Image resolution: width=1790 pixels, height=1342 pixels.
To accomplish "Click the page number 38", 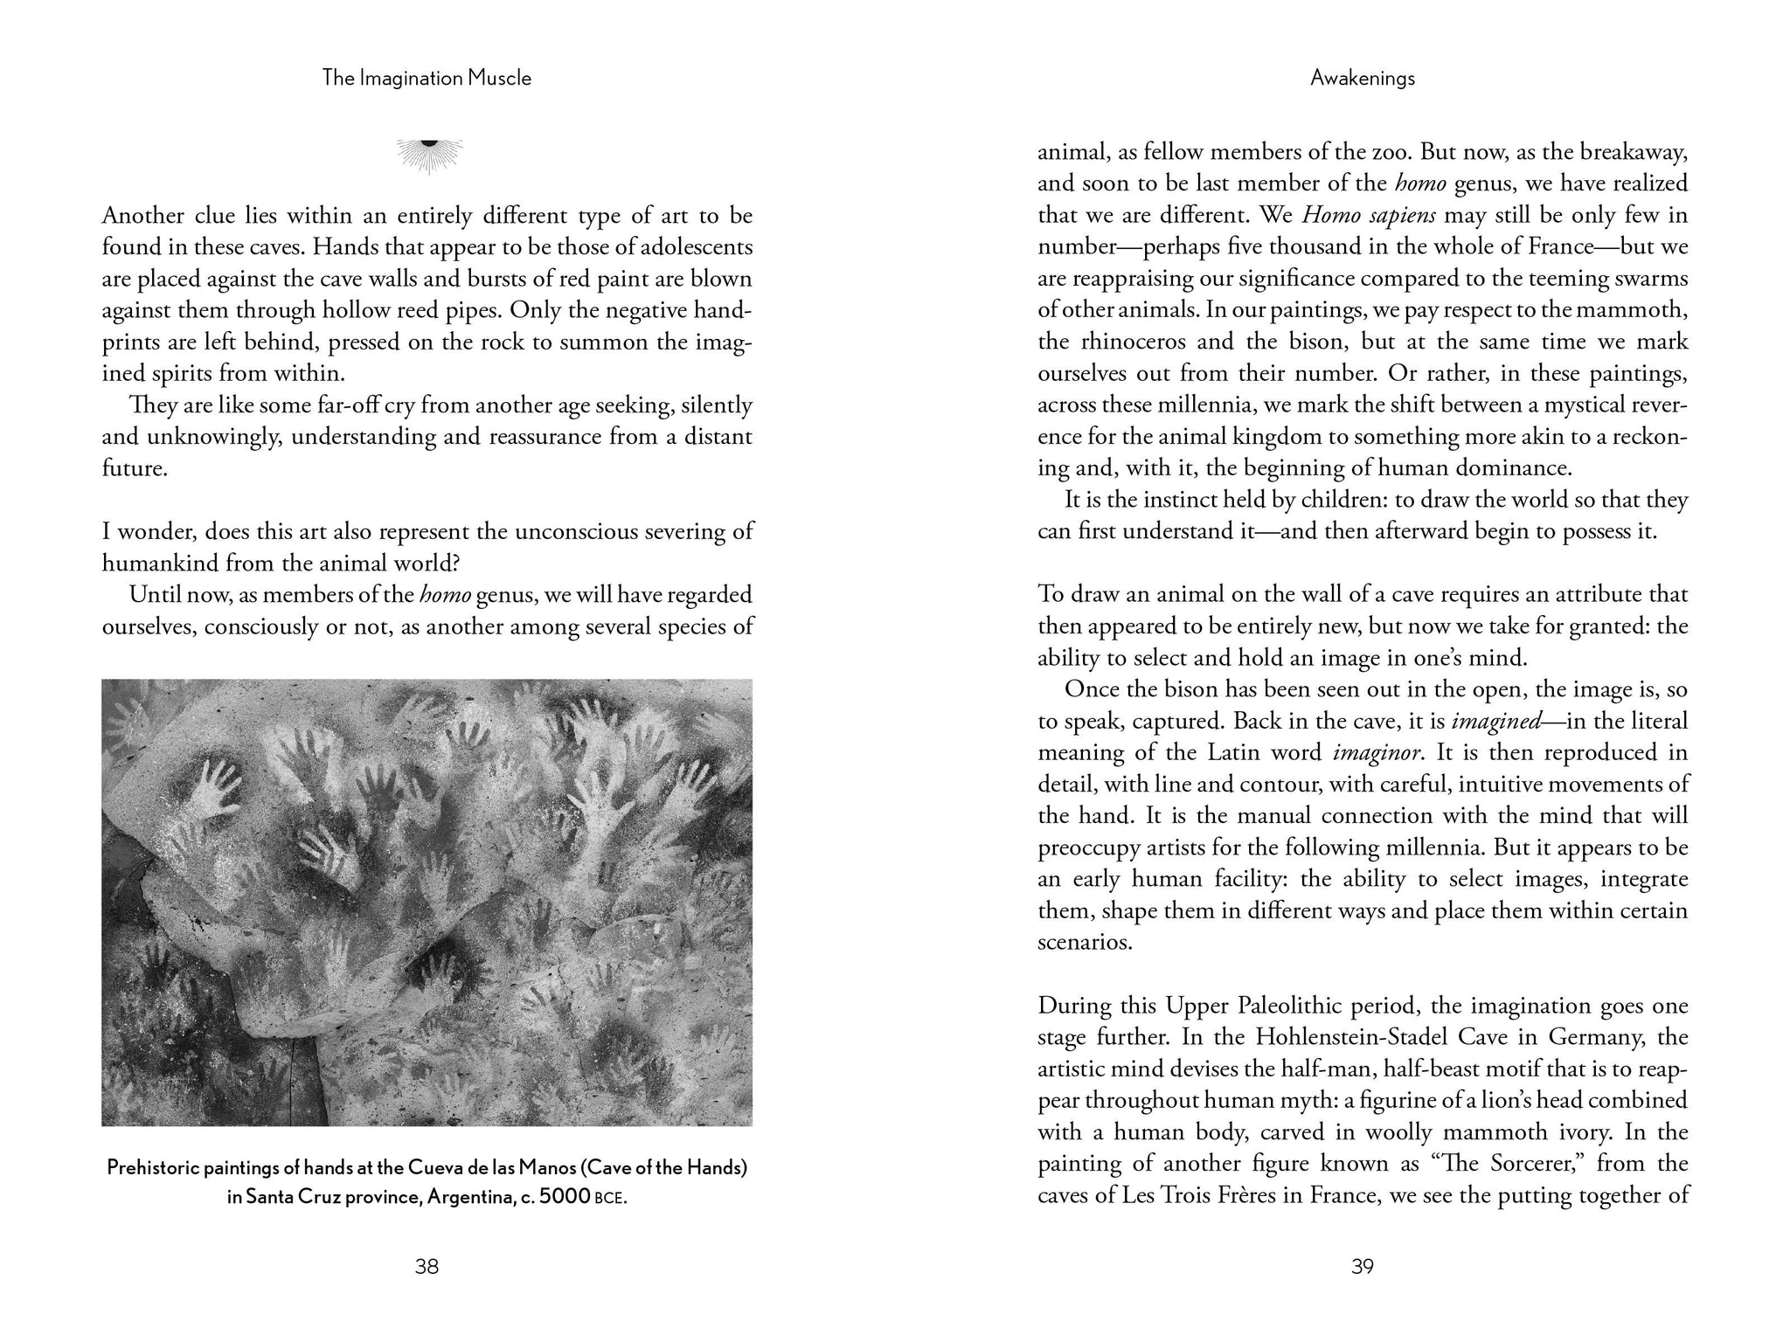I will tap(427, 1266).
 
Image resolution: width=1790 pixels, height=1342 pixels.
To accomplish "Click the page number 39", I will tap(1363, 1266).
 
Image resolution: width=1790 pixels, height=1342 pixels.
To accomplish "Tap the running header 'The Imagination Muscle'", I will tap(427, 79).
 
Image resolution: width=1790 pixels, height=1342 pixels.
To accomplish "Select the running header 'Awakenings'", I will tap(1363, 79).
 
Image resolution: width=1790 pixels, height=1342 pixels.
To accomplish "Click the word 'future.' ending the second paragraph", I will tap(134, 468).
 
